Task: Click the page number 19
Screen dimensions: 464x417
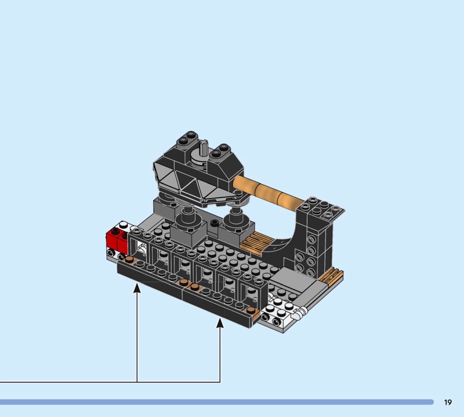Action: coord(448,402)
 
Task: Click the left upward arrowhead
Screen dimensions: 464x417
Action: coord(137,289)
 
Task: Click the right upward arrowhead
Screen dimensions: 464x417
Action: coord(220,323)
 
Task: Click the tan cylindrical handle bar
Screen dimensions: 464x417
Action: coord(267,191)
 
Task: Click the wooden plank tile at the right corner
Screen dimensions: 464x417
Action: coord(331,275)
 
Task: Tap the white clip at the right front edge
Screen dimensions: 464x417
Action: coord(299,313)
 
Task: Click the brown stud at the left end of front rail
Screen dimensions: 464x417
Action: coord(129,260)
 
